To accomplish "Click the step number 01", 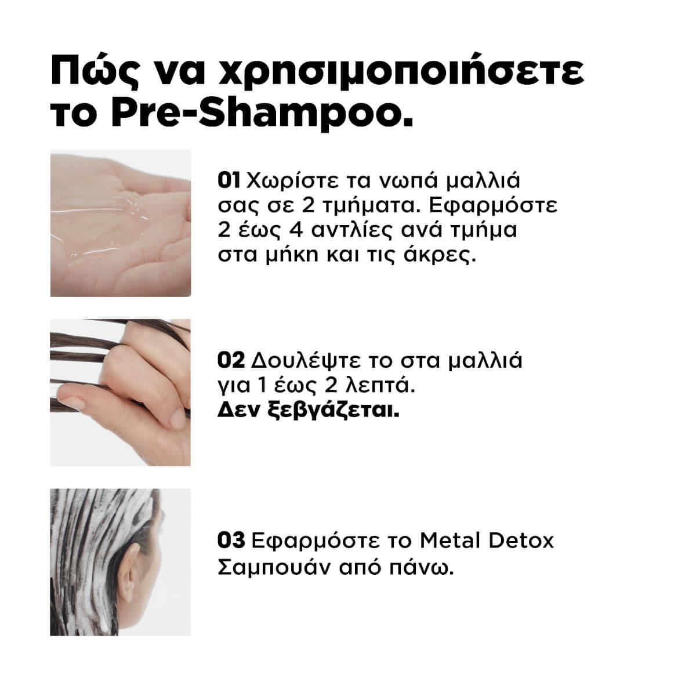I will (x=229, y=180).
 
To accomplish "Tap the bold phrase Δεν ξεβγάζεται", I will (x=309, y=411).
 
